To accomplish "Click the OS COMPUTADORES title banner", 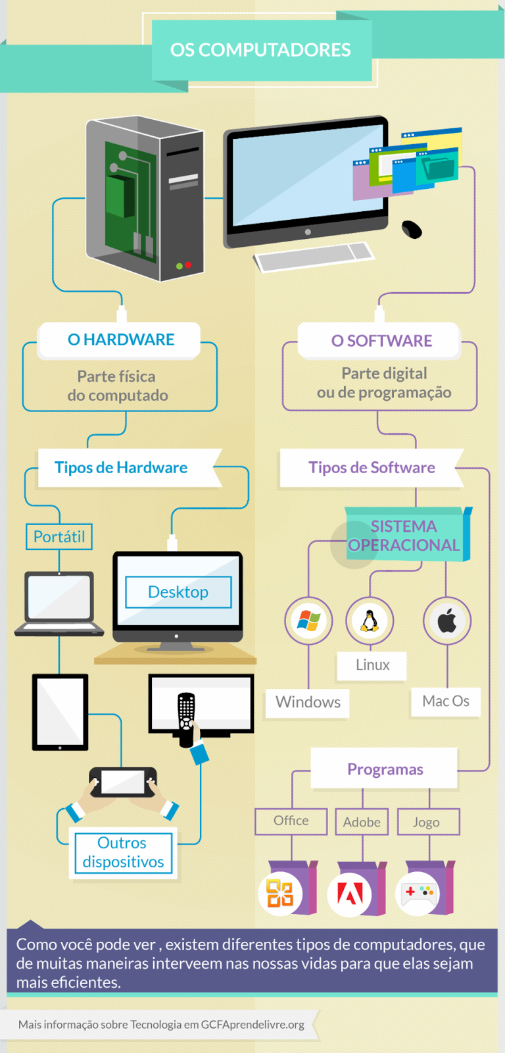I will [x=261, y=50].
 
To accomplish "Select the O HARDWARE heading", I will [x=121, y=340].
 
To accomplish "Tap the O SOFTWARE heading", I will [x=381, y=341].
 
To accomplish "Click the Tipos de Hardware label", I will [x=122, y=468].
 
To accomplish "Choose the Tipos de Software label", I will [x=372, y=468].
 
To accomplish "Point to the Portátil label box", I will [x=59, y=537].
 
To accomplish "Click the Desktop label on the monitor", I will [x=178, y=592].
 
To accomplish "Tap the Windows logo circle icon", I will [x=308, y=621].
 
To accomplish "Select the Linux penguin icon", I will [x=370, y=620].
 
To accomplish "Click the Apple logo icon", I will [x=447, y=621].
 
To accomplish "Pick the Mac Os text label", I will [x=446, y=702].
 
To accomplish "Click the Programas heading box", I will [x=385, y=769].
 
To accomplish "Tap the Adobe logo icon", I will [x=350, y=894].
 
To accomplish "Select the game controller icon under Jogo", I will [x=419, y=893].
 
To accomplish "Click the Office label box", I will [x=291, y=821].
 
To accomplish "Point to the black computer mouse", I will [x=412, y=229].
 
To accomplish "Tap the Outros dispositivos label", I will [x=123, y=852].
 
